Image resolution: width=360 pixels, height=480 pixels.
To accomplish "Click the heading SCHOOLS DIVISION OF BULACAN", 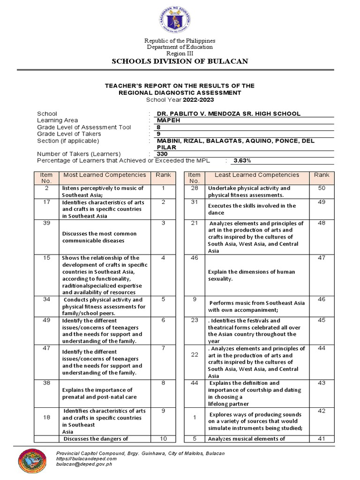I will [x=180, y=61].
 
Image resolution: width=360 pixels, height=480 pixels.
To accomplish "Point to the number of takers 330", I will [x=162, y=154].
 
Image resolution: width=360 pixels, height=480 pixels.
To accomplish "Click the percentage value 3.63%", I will [x=242, y=161].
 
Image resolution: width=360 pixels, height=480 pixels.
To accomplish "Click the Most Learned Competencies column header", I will [x=105, y=175].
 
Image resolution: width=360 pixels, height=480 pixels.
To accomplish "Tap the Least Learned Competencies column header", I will [x=256, y=175].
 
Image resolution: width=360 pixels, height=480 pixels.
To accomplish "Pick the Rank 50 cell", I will [x=321, y=188].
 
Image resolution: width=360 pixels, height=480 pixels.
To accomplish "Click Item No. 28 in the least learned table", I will [x=194, y=188].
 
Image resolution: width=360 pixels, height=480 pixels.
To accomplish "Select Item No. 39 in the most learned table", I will [x=46, y=223].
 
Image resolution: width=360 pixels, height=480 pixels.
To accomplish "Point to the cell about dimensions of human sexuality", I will [x=256, y=275].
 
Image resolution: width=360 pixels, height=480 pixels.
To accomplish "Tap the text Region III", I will [x=180, y=53].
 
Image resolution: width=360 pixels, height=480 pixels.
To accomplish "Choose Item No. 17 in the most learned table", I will [x=46, y=202].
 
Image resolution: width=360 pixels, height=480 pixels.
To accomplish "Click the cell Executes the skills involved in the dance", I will [x=256, y=209].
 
